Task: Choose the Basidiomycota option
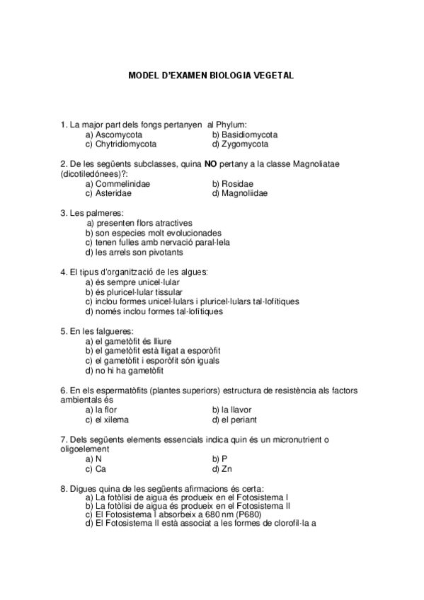249,134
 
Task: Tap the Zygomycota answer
245,144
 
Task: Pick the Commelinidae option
122,183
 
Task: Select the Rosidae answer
237,183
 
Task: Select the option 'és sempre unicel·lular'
134,282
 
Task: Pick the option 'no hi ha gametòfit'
125,370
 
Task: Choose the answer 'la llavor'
236,409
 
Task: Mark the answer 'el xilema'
107,419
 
